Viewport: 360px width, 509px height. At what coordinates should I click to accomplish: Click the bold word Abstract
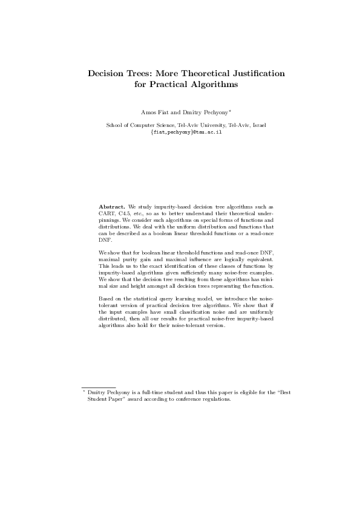pyautogui.click(x=112, y=206)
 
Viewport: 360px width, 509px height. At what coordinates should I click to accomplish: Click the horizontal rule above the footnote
pyautogui.click(x=99, y=386)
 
